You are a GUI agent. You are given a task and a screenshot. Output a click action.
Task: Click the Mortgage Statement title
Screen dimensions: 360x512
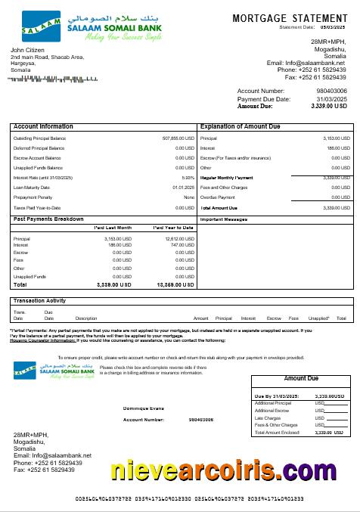290,17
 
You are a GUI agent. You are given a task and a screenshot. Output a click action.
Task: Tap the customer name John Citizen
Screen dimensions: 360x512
29,49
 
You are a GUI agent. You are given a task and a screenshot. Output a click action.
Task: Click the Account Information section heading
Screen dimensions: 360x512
43,126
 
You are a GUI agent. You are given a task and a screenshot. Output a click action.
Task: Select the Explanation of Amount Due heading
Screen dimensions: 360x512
240,126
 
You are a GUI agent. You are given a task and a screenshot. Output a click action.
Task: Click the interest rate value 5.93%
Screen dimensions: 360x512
188,178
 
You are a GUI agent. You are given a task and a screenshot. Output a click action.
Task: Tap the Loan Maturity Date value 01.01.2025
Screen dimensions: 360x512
184,188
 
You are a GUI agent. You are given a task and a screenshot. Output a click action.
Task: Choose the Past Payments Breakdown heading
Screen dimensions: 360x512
48,219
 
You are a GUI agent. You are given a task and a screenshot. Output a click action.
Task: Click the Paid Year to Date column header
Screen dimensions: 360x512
173,227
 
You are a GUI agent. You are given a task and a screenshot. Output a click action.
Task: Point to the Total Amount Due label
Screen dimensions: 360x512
219,207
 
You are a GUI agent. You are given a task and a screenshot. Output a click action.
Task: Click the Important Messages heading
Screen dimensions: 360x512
225,219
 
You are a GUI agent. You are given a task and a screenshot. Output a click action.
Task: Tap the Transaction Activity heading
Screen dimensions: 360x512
39,301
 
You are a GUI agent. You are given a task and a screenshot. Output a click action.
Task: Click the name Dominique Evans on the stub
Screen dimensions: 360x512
143,408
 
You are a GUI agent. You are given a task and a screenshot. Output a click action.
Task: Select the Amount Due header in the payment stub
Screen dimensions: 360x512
301,378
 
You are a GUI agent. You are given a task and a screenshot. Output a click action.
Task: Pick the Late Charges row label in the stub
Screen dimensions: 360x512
268,417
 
